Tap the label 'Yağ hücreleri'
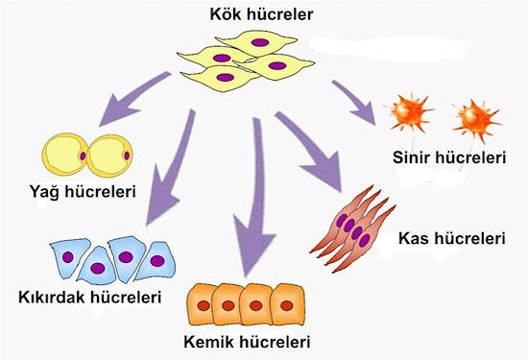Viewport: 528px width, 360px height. pos(81,192)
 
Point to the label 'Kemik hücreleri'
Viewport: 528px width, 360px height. pos(252,341)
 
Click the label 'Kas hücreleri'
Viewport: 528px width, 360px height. pos(451,236)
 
